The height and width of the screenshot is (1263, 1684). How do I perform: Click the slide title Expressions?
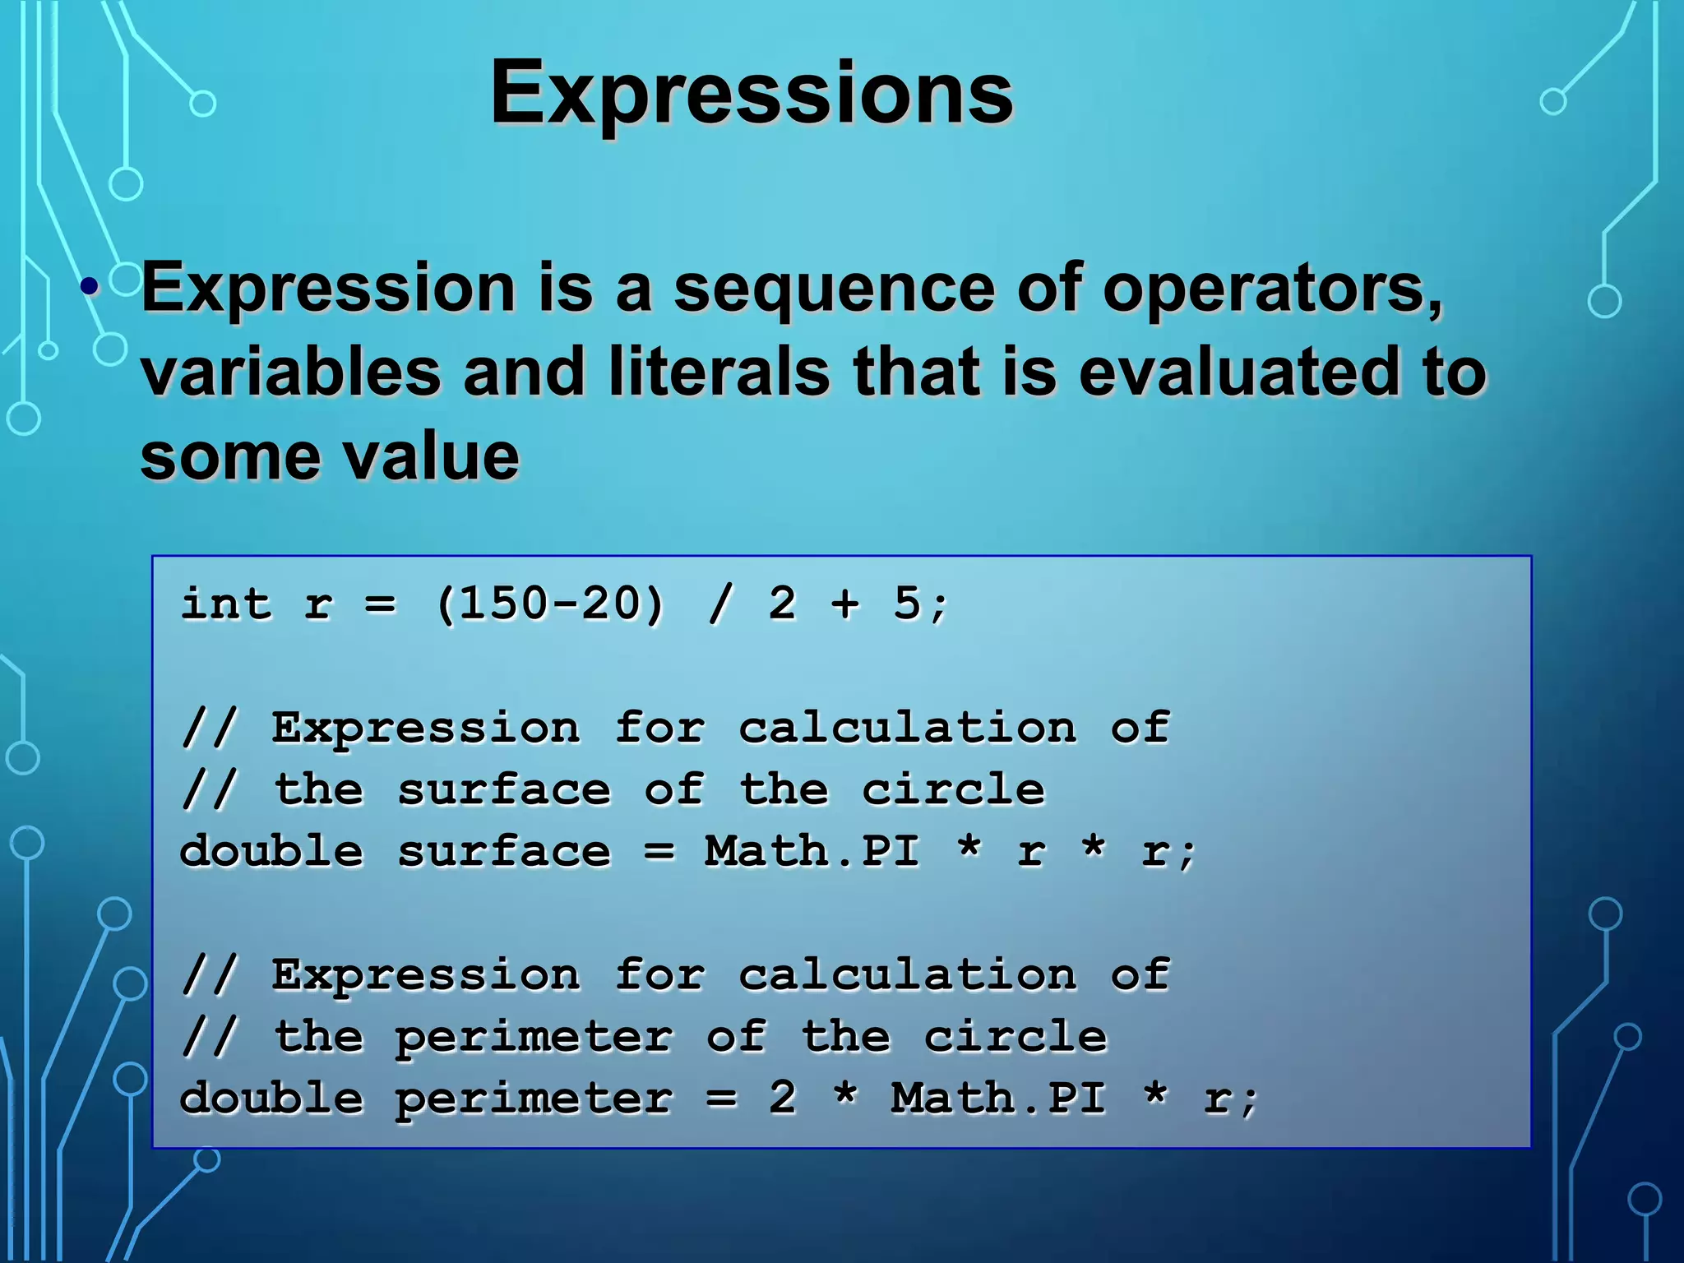(751, 93)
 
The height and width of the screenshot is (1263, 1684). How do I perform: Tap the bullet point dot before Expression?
(90, 288)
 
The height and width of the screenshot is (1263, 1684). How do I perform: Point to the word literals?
(719, 372)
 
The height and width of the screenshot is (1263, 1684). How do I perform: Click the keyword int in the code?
(225, 604)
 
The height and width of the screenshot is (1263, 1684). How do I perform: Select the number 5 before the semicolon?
(907, 604)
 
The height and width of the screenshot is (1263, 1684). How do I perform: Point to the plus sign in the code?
(844, 604)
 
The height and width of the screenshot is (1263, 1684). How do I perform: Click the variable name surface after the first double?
(503, 851)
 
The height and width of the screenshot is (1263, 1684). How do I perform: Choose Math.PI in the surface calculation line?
(812, 851)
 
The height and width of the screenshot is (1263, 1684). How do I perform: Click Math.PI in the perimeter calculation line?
(998, 1099)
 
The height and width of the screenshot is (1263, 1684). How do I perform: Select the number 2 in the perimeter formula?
(782, 1099)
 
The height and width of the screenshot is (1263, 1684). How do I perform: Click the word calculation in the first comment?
(907, 728)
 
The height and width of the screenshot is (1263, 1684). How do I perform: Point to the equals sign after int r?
(380, 605)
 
